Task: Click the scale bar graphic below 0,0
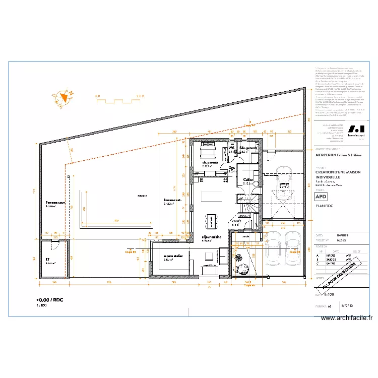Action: [118, 101]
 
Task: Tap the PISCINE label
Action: [142, 196]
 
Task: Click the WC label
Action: [232, 148]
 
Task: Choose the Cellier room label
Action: [247, 180]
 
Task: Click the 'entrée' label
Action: [236, 221]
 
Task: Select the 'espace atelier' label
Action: [172, 257]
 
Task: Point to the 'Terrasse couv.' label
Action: [55, 203]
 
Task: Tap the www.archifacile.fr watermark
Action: [347, 318]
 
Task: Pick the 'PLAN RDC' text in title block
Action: [325, 206]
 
